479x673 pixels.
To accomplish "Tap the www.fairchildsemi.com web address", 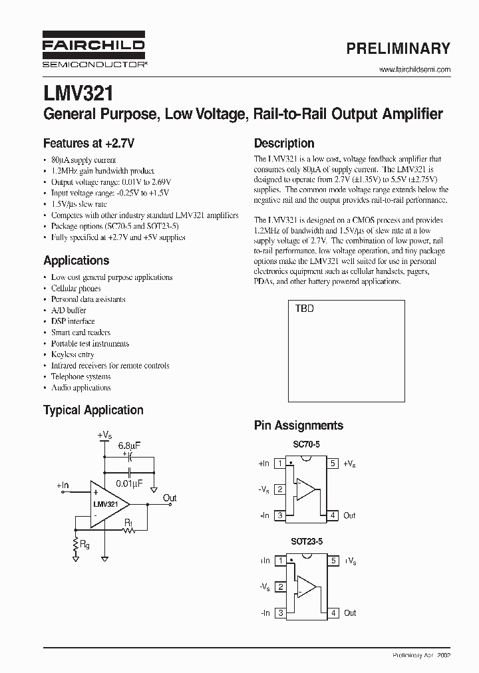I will tap(414, 70).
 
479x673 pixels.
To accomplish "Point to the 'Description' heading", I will tap(284, 143).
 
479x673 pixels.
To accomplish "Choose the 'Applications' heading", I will tap(76, 261).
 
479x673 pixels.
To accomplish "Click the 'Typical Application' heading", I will tap(93, 410).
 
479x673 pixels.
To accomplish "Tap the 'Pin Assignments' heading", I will tap(299, 426).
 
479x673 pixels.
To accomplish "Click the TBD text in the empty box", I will tap(304, 309).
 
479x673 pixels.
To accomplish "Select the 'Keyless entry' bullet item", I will tap(73, 354).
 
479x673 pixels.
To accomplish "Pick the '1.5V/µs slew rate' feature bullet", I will tap(79, 204).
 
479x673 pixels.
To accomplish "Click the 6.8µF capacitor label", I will tap(128, 446).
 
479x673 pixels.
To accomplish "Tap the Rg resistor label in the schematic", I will tap(84, 544).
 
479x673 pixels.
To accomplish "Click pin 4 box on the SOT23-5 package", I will tap(333, 613).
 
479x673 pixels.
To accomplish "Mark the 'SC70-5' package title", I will tap(306, 444).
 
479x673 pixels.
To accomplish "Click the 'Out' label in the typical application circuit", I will tap(170, 498).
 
